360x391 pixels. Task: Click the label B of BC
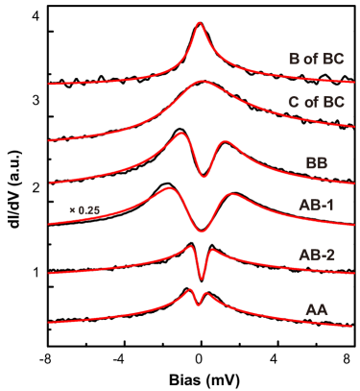(316, 59)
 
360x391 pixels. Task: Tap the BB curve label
(317, 162)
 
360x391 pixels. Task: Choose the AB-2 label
(316, 254)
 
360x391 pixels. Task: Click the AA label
(317, 309)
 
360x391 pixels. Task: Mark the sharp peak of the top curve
(200, 23)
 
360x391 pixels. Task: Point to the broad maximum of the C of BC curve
(201, 82)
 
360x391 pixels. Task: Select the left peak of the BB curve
(181, 134)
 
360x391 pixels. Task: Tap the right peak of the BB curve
(227, 142)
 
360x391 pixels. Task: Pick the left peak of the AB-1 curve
(168, 187)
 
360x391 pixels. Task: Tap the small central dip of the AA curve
(198, 305)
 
